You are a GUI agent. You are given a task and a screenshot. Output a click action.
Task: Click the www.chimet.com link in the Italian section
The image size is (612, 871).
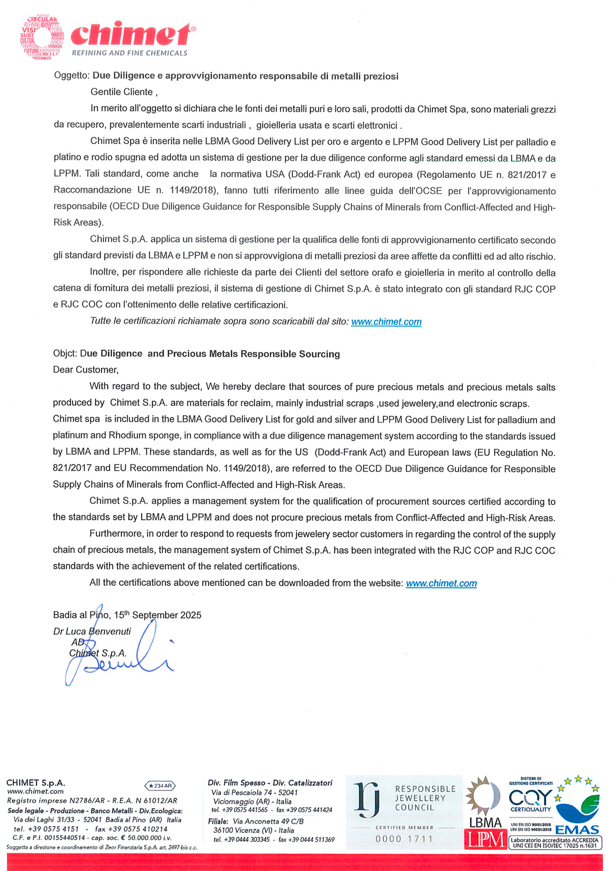point(386,322)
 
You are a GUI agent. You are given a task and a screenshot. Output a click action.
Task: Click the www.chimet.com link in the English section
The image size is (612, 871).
point(441,583)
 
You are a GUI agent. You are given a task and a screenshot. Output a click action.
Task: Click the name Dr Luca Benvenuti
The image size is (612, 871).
point(92,631)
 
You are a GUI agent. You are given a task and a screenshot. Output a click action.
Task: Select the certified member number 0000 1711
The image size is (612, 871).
point(404,839)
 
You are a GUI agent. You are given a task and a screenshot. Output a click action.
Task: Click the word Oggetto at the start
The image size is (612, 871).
point(71,76)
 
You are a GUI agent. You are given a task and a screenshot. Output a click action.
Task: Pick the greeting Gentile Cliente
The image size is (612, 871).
point(123,92)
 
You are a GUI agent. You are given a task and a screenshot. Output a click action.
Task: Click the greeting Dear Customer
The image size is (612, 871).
point(85,370)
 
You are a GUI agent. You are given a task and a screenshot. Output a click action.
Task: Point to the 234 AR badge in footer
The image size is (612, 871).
point(160,786)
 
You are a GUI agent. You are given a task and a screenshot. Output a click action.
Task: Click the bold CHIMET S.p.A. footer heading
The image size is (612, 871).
point(35,783)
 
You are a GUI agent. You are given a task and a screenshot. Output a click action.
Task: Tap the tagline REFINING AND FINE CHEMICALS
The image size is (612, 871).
point(129,53)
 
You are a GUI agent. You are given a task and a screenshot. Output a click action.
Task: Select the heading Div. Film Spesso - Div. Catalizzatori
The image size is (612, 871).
point(270,783)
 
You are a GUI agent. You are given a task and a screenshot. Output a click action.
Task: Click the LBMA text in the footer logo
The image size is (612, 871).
point(485,822)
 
